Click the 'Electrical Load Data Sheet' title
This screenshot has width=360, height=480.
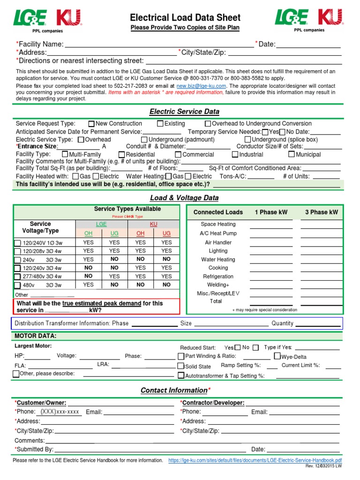(185, 18)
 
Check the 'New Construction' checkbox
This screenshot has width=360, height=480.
(91, 124)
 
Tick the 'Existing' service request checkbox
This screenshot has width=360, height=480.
(160, 124)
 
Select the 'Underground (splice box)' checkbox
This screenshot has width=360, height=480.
(247, 140)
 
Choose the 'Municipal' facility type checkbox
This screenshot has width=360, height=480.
(292, 154)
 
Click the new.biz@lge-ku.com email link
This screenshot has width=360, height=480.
(201, 86)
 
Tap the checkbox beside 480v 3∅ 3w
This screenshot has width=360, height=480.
(18, 285)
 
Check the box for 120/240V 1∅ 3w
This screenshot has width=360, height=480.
(18, 243)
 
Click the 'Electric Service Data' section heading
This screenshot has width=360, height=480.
(184, 112)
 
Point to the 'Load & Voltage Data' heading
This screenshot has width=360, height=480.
(184, 198)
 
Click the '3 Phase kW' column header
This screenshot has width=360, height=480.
(322, 212)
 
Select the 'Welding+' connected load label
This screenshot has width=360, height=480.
(218, 285)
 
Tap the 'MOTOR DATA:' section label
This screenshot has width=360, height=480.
(36, 336)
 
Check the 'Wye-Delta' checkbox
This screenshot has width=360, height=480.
(277, 356)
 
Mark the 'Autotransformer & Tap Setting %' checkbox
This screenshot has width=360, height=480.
(181, 375)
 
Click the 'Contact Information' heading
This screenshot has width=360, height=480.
(174, 390)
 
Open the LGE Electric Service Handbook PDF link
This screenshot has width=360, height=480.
(255, 461)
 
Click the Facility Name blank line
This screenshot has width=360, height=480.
(159, 45)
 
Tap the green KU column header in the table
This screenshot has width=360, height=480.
(153, 225)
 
